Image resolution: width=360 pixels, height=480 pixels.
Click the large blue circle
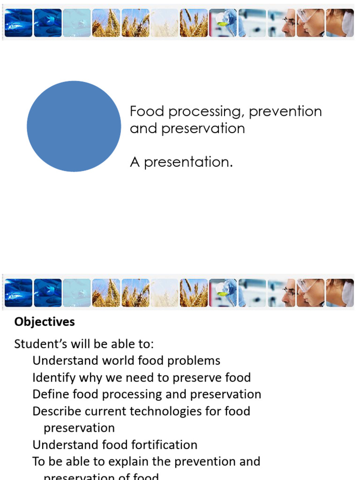(x=74, y=126)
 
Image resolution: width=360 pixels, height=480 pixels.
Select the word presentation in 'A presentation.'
(x=188, y=162)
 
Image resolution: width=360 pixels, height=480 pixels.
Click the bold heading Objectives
(x=45, y=322)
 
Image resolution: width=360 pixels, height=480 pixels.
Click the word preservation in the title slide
(x=203, y=128)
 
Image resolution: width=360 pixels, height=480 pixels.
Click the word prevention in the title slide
(x=285, y=112)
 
